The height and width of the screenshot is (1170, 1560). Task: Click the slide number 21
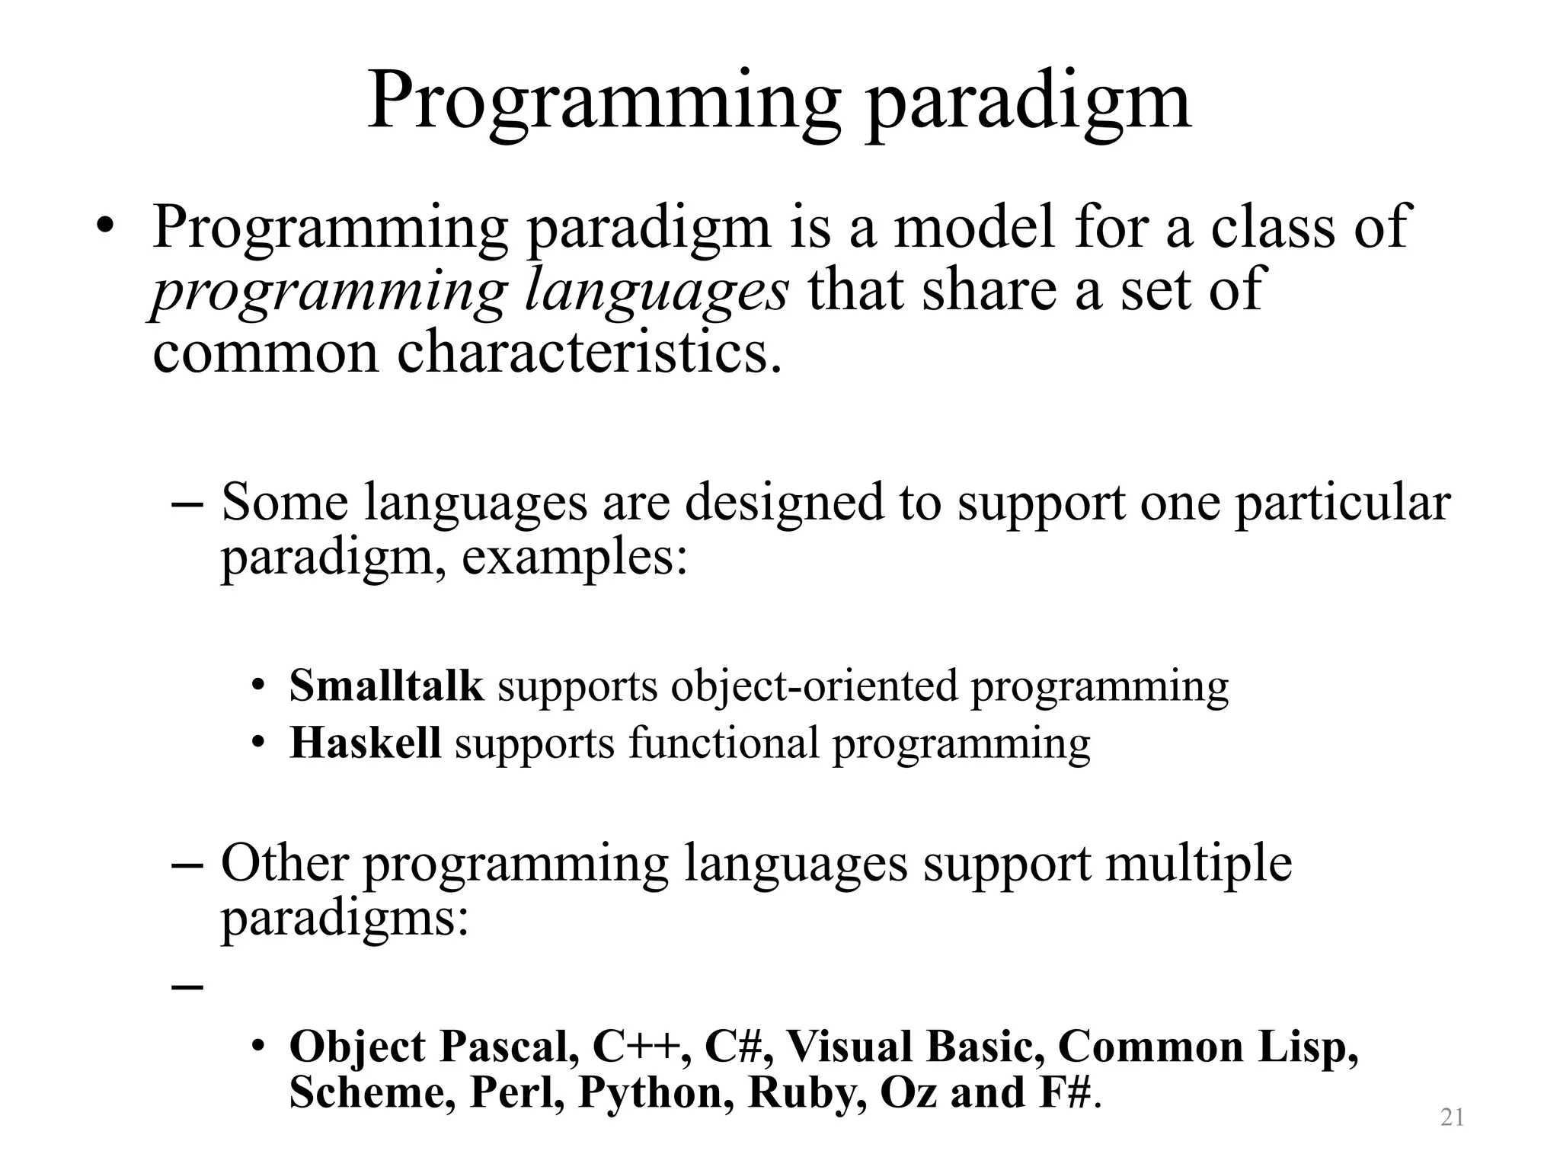tap(1453, 1117)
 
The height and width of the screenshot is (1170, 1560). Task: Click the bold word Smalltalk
tap(386, 686)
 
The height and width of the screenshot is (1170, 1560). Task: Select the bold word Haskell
tap(365, 743)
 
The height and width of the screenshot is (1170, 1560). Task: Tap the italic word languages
tap(657, 292)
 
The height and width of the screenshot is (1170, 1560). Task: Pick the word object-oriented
tap(814, 686)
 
